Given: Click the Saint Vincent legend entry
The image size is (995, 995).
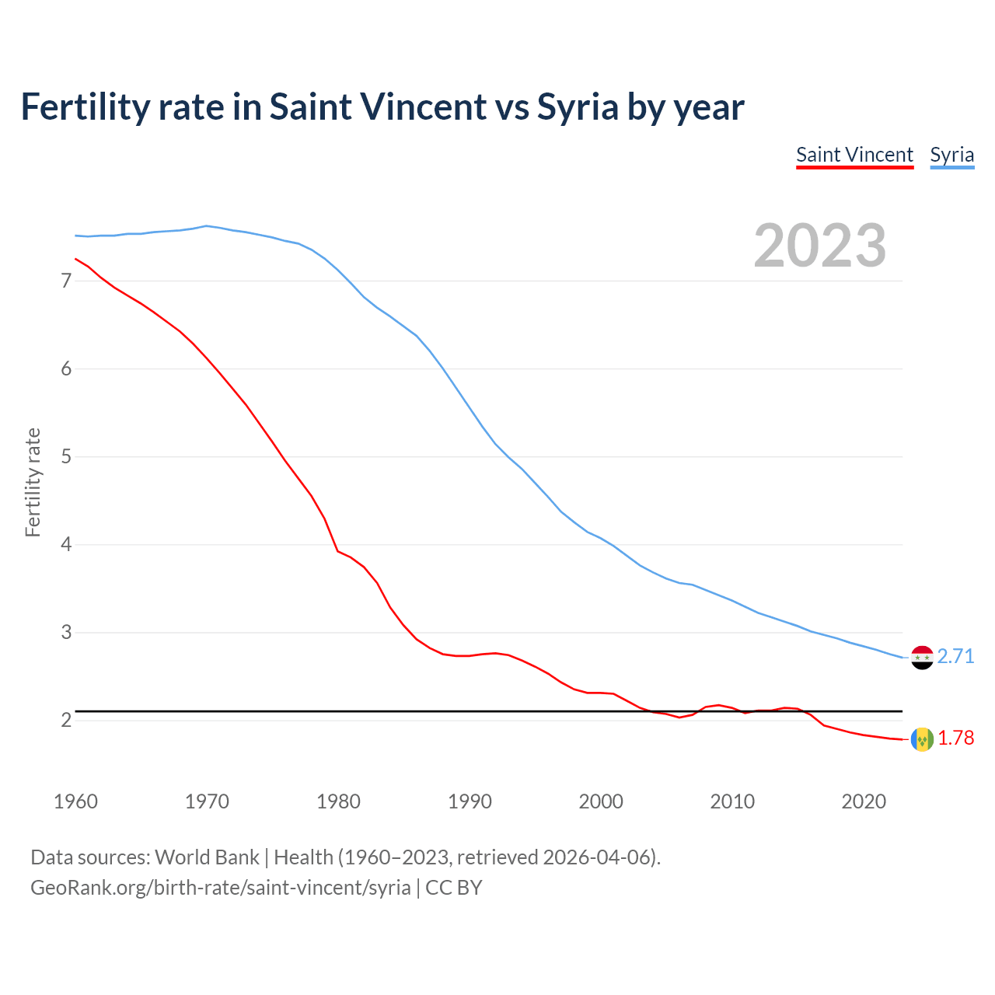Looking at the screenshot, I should (x=854, y=155).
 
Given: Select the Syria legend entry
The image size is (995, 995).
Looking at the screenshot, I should (x=951, y=155).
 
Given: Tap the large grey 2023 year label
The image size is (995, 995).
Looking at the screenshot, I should (x=819, y=246).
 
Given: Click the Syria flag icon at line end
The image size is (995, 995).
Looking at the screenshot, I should (x=922, y=657).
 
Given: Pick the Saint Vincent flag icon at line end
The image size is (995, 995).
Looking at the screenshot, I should (x=922, y=738).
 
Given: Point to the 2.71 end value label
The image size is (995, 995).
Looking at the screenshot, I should (x=955, y=657).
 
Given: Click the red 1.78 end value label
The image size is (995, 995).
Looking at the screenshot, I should (x=955, y=738).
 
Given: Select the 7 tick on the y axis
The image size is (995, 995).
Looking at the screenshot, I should (x=66, y=281).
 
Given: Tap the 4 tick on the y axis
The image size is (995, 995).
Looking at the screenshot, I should (x=66, y=544).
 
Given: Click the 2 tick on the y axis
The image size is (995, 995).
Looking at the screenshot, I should (x=66, y=721).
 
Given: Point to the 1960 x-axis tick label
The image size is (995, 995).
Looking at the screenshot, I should (x=75, y=801).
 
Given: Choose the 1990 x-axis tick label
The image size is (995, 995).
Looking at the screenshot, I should (x=470, y=801).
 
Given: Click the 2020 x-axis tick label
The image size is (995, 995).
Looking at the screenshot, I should (x=864, y=801).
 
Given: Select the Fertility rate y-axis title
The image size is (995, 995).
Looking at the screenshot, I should (x=33, y=482).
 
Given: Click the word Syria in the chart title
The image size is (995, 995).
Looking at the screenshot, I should (x=578, y=107).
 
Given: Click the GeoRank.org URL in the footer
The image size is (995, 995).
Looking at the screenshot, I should (x=220, y=887).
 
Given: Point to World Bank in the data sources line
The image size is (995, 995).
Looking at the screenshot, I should (x=207, y=857).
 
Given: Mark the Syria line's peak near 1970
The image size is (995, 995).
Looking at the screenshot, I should (x=206, y=226).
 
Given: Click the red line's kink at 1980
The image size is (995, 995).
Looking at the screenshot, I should (x=337, y=550).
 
